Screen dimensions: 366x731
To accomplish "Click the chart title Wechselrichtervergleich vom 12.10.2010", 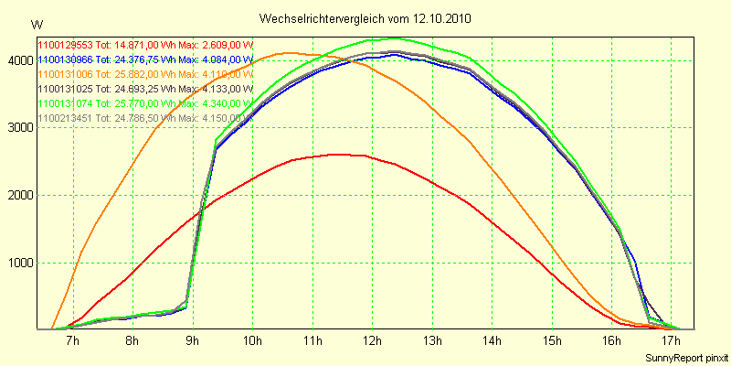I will (x=365, y=18).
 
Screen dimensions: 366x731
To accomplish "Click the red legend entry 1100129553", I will (x=144, y=45).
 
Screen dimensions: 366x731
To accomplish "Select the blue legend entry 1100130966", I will (x=144, y=59).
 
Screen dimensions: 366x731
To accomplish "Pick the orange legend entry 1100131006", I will (x=144, y=74).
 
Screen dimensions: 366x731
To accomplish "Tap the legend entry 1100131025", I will (x=144, y=89).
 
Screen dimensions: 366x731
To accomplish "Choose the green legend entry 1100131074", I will (x=144, y=103).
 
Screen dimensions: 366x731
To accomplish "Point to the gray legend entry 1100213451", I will (x=144, y=118).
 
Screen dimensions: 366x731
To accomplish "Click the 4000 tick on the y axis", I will (x=19, y=60).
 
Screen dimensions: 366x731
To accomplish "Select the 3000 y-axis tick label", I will (x=19, y=128).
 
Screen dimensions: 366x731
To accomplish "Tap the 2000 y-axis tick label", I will (x=19, y=195).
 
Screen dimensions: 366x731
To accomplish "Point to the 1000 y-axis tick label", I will (x=19, y=263).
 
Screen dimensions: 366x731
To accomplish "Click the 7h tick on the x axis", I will (x=72, y=341).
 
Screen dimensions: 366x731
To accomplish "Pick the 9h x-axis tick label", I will (x=192, y=341).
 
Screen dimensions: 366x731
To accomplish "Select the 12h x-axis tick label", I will (x=371, y=341).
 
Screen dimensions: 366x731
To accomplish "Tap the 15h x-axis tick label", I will (x=551, y=341).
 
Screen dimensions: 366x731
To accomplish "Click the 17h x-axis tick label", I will (x=671, y=341).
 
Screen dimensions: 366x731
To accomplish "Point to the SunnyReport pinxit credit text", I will (x=685, y=357).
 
